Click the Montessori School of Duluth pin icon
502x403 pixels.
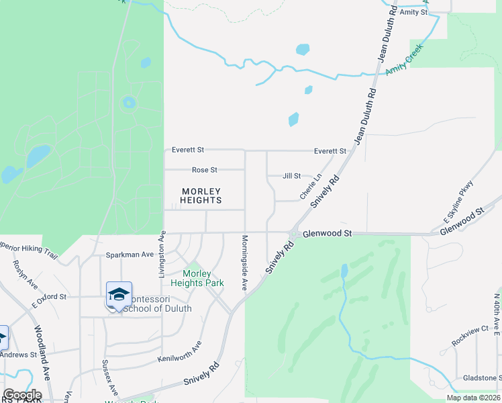[119, 295]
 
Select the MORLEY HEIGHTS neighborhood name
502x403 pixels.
[201, 196]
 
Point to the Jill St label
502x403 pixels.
[292, 176]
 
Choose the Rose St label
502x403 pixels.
[205, 170]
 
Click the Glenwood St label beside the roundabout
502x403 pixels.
[328, 234]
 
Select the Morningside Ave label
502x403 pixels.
[244, 262]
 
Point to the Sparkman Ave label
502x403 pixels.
[130, 255]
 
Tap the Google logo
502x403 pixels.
[22, 395]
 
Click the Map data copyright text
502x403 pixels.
[472, 398]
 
